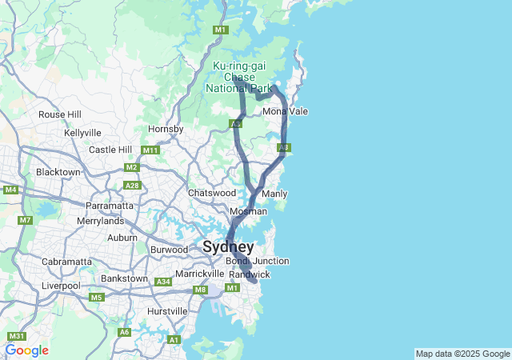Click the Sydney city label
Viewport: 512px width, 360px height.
click(228, 246)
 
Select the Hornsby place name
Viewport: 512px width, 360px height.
click(166, 129)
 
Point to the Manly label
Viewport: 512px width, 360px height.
click(274, 194)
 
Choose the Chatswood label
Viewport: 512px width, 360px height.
click(211, 193)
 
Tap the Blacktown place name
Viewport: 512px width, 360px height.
click(58, 172)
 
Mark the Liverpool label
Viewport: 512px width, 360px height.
click(62, 286)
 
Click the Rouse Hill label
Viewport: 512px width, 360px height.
click(60, 114)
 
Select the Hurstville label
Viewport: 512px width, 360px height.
click(168, 310)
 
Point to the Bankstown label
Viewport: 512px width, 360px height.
click(124, 278)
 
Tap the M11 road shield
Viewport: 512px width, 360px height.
click(150, 150)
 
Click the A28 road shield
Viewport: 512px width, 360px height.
click(134, 186)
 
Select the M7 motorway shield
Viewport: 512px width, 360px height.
click(26, 220)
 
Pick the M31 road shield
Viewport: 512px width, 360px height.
click(17, 336)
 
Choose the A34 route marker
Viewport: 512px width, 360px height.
click(163, 282)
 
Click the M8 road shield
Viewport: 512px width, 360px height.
click(200, 290)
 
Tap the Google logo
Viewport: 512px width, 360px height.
click(26, 350)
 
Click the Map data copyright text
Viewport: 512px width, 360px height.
click(462, 354)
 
